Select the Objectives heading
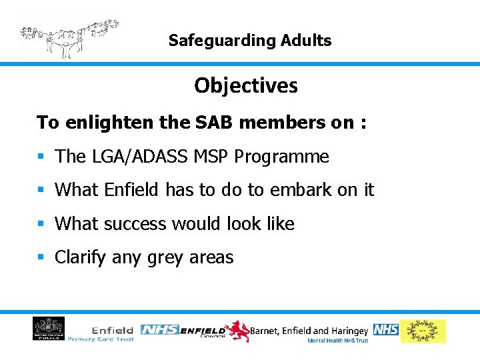point(246,86)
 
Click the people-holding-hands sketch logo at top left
point(69,37)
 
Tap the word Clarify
point(80,257)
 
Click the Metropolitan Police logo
point(49,329)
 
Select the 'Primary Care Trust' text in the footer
point(101,339)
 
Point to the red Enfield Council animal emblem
point(237,330)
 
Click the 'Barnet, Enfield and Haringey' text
point(309,330)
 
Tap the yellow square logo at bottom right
point(423,331)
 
